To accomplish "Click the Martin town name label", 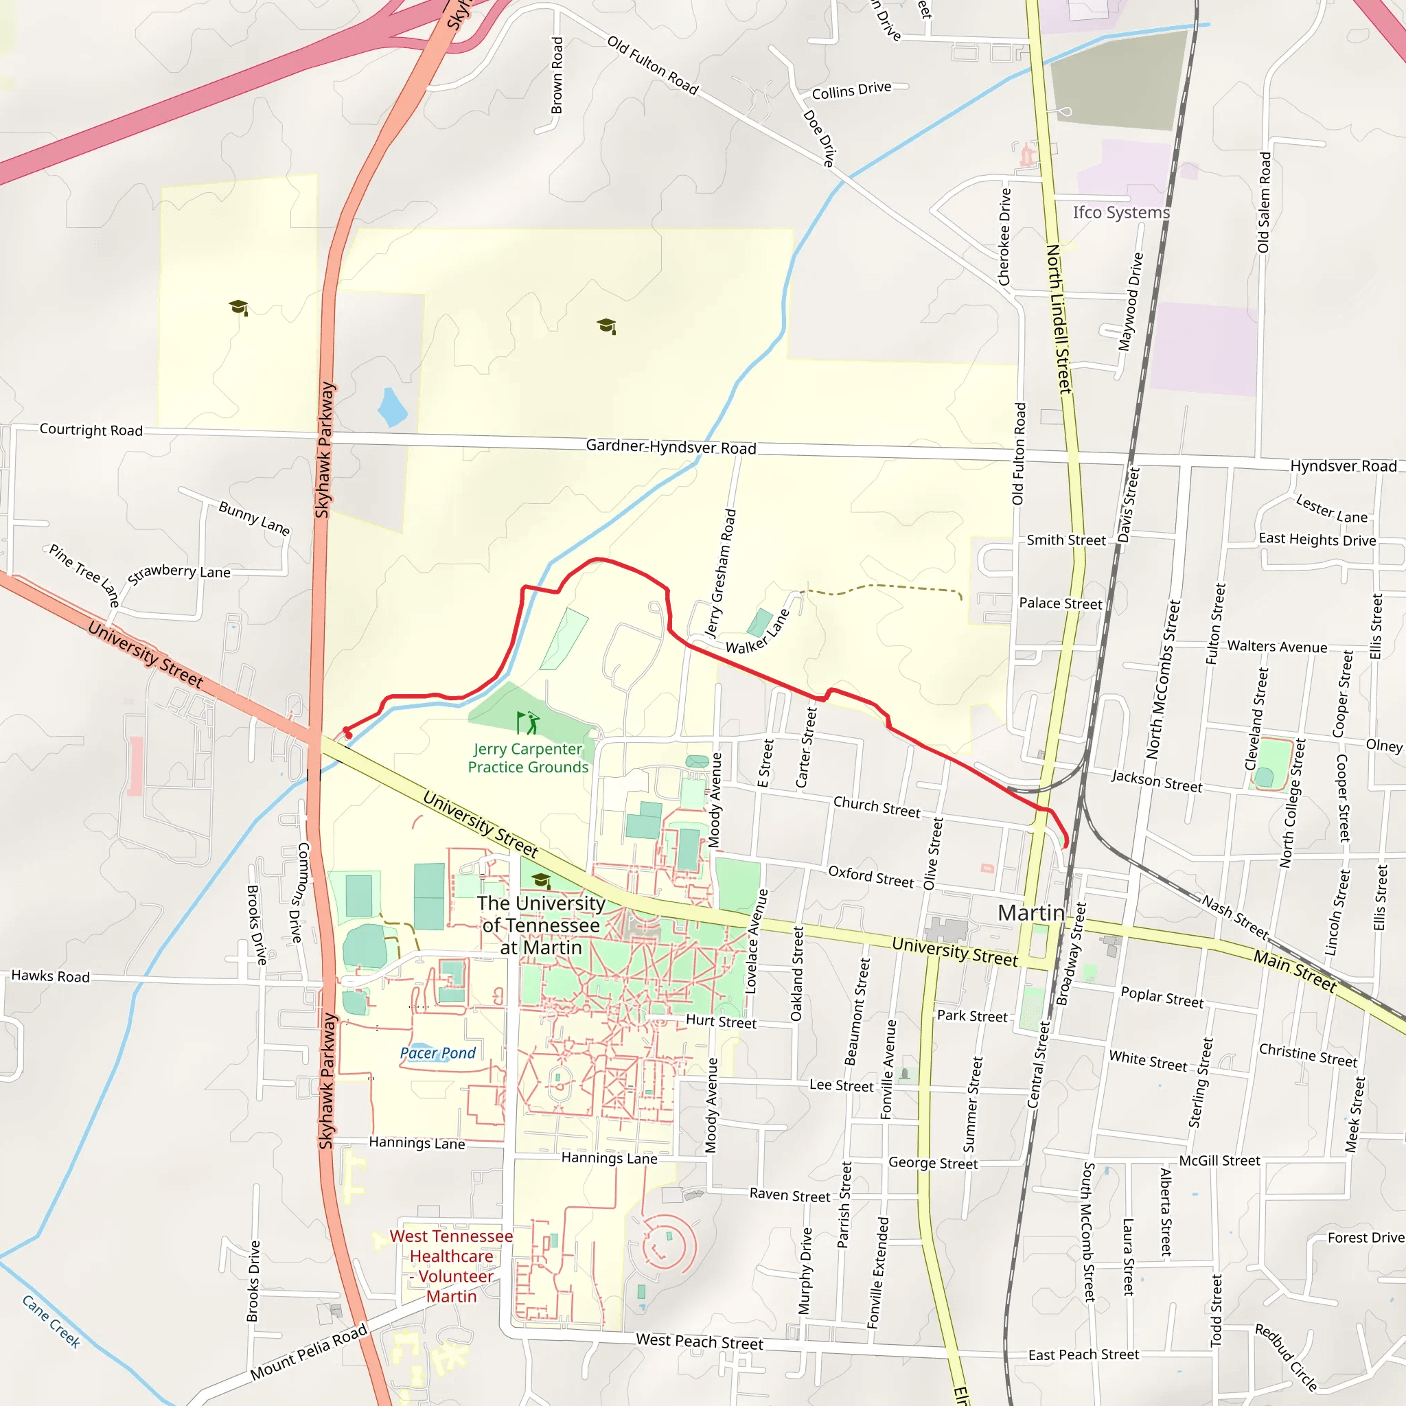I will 1030,912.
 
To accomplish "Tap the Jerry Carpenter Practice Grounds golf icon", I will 528,724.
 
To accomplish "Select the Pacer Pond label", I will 437,1053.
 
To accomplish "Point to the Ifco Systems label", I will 1120,213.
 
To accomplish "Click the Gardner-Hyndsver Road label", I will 671,447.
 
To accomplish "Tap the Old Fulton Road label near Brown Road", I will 653,65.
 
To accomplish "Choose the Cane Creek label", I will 51,1322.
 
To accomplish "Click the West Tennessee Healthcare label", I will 451,1265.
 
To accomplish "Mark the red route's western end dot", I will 348,734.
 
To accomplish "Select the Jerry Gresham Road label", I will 720,573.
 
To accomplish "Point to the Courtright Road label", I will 91,430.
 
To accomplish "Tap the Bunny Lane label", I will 255,518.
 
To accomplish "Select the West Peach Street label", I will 700,1341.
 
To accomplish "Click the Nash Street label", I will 1235,917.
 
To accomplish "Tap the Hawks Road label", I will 50,976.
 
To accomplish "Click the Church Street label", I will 876,807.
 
